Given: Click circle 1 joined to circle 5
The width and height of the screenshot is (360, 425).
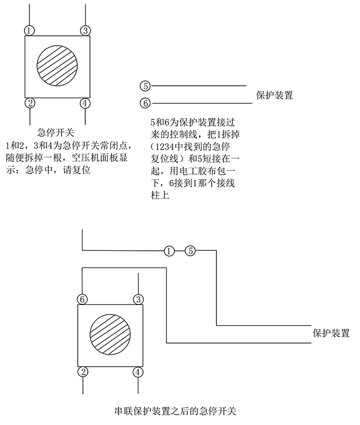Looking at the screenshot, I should pos(169,250).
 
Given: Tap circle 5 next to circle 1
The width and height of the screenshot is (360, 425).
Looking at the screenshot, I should pos(191,250).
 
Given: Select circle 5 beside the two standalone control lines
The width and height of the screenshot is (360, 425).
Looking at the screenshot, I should pos(145,86).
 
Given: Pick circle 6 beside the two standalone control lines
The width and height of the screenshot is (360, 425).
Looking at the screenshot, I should pos(145,102).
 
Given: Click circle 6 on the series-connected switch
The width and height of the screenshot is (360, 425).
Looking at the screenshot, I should pos(82,299).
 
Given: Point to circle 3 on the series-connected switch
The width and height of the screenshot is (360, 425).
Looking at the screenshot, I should pos(139,299).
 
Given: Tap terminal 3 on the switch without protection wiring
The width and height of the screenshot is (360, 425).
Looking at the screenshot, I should pos(85,29).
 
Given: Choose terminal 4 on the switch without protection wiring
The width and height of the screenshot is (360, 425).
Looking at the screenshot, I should pos(85,103).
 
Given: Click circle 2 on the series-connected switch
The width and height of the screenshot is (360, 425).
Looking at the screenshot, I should pos(82,371).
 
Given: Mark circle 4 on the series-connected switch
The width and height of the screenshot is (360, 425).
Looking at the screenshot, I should pos(138,371).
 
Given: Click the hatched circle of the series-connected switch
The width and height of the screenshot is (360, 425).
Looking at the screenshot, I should pos(110,335).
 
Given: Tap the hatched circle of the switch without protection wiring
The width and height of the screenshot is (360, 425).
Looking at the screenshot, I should pos(57,66).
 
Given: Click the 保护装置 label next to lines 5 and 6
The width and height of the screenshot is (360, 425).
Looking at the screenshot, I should pos(275,96).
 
